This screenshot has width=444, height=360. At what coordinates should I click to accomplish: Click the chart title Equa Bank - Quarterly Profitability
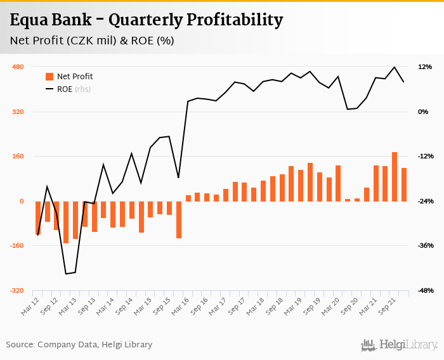[147, 20]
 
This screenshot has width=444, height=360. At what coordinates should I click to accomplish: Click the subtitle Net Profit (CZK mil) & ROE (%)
[93, 41]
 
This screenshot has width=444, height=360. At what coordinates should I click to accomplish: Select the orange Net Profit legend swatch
[49, 77]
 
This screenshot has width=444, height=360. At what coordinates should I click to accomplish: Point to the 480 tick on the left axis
[17, 67]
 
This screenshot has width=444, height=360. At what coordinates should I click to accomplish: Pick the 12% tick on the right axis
[424, 67]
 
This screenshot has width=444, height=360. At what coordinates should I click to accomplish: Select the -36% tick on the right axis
[424, 246]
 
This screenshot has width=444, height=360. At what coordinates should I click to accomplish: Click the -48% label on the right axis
[424, 291]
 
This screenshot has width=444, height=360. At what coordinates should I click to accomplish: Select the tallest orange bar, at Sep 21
[395, 177]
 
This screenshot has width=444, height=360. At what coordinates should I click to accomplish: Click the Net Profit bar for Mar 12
[38, 218]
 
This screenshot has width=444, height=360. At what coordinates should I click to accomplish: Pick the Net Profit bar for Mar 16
[188, 198]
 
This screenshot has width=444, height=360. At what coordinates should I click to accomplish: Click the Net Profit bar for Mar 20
[338, 184]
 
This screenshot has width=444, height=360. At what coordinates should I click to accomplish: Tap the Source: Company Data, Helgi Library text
[79, 345]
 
